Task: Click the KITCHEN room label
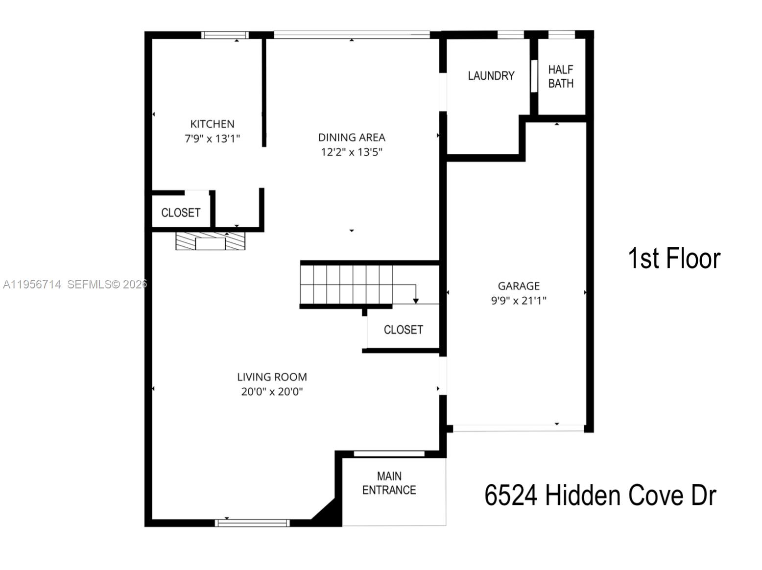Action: pyautogui.click(x=212, y=124)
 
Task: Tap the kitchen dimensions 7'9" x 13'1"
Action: pyautogui.click(x=212, y=139)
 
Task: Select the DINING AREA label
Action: pyautogui.click(x=351, y=138)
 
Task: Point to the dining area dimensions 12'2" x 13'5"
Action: pyautogui.click(x=351, y=152)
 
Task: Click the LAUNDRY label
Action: pyautogui.click(x=491, y=76)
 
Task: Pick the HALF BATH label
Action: pyautogui.click(x=561, y=77)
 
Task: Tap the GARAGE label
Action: pyautogui.click(x=519, y=285)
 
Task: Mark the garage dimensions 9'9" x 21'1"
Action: pyautogui.click(x=519, y=300)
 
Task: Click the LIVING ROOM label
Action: pyautogui.click(x=272, y=377)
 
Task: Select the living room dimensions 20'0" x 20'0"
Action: pyautogui.click(x=272, y=391)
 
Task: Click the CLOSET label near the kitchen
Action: pyautogui.click(x=181, y=213)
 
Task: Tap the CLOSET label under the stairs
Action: pyautogui.click(x=403, y=330)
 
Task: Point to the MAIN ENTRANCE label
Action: pyautogui.click(x=389, y=483)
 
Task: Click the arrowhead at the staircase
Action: pyautogui.click(x=416, y=301)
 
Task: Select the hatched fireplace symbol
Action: pyautogui.click(x=211, y=241)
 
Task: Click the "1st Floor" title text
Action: pyautogui.click(x=674, y=258)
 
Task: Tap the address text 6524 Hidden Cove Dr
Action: pyautogui.click(x=600, y=496)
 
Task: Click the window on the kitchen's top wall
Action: pyautogui.click(x=225, y=35)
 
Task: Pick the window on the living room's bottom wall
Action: pyautogui.click(x=252, y=523)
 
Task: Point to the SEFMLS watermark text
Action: pyautogui.click(x=107, y=285)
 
